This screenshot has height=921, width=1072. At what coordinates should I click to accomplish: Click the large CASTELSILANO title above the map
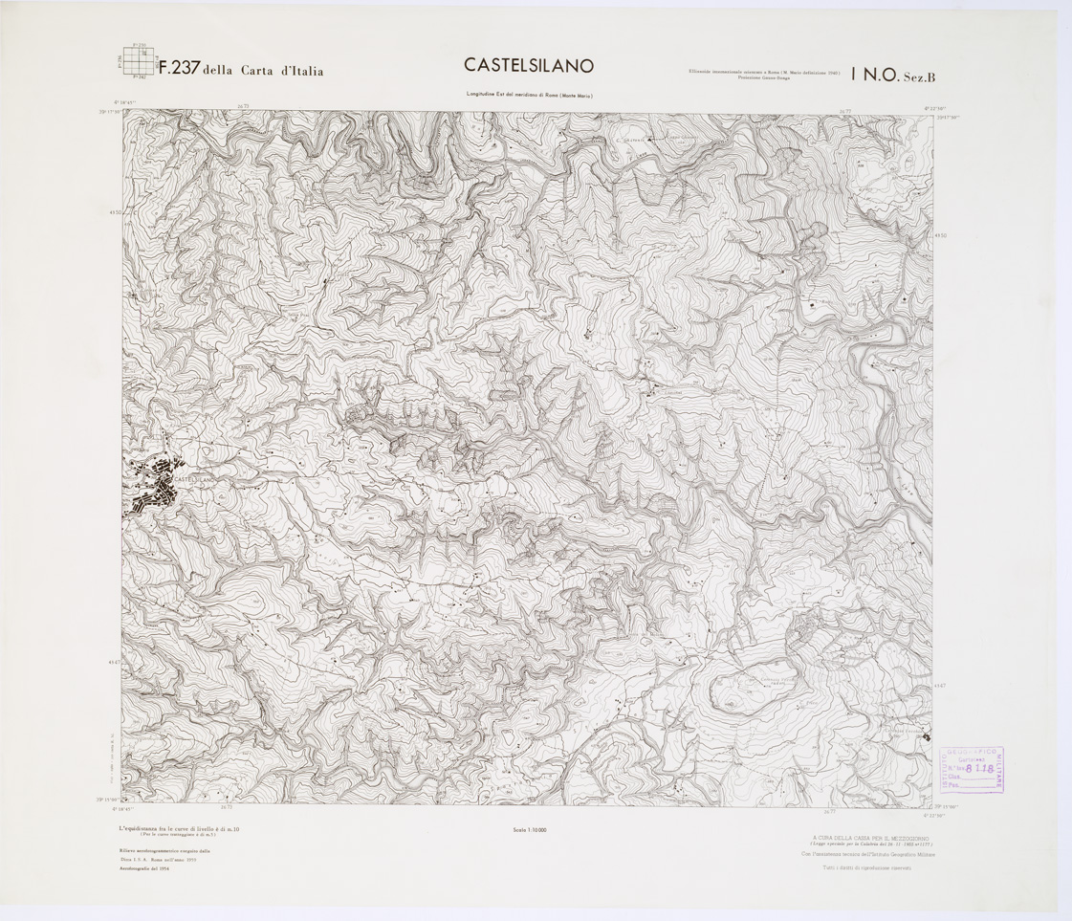click(x=529, y=65)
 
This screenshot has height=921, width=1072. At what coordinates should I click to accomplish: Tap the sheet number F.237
click(x=178, y=69)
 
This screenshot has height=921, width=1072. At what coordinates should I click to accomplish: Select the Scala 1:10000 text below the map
click(x=528, y=829)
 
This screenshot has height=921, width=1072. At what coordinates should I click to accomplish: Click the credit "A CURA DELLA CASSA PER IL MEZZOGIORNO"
click(x=868, y=838)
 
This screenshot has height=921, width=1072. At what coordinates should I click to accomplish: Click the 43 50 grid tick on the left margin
click(x=115, y=213)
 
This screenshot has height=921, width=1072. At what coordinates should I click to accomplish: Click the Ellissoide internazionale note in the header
click(x=762, y=74)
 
